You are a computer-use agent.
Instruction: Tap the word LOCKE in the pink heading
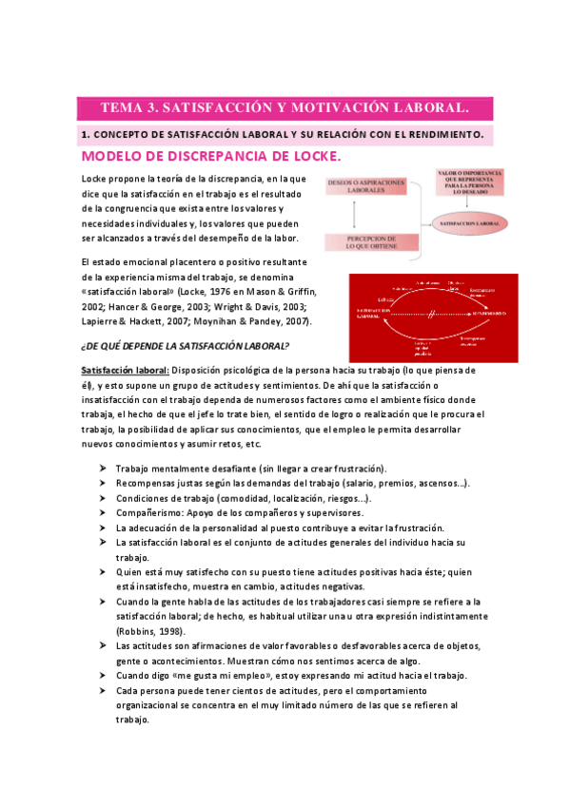306,156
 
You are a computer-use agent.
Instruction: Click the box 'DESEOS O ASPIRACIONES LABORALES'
365,186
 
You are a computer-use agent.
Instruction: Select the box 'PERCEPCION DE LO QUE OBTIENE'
365,242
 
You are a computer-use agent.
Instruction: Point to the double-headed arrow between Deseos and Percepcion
365,215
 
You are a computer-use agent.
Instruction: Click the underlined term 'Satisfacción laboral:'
126,369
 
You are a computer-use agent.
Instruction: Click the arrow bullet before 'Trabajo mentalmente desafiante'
102,469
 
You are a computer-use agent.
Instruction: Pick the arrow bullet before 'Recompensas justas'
102,484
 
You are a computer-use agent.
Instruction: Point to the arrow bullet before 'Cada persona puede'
102,690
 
